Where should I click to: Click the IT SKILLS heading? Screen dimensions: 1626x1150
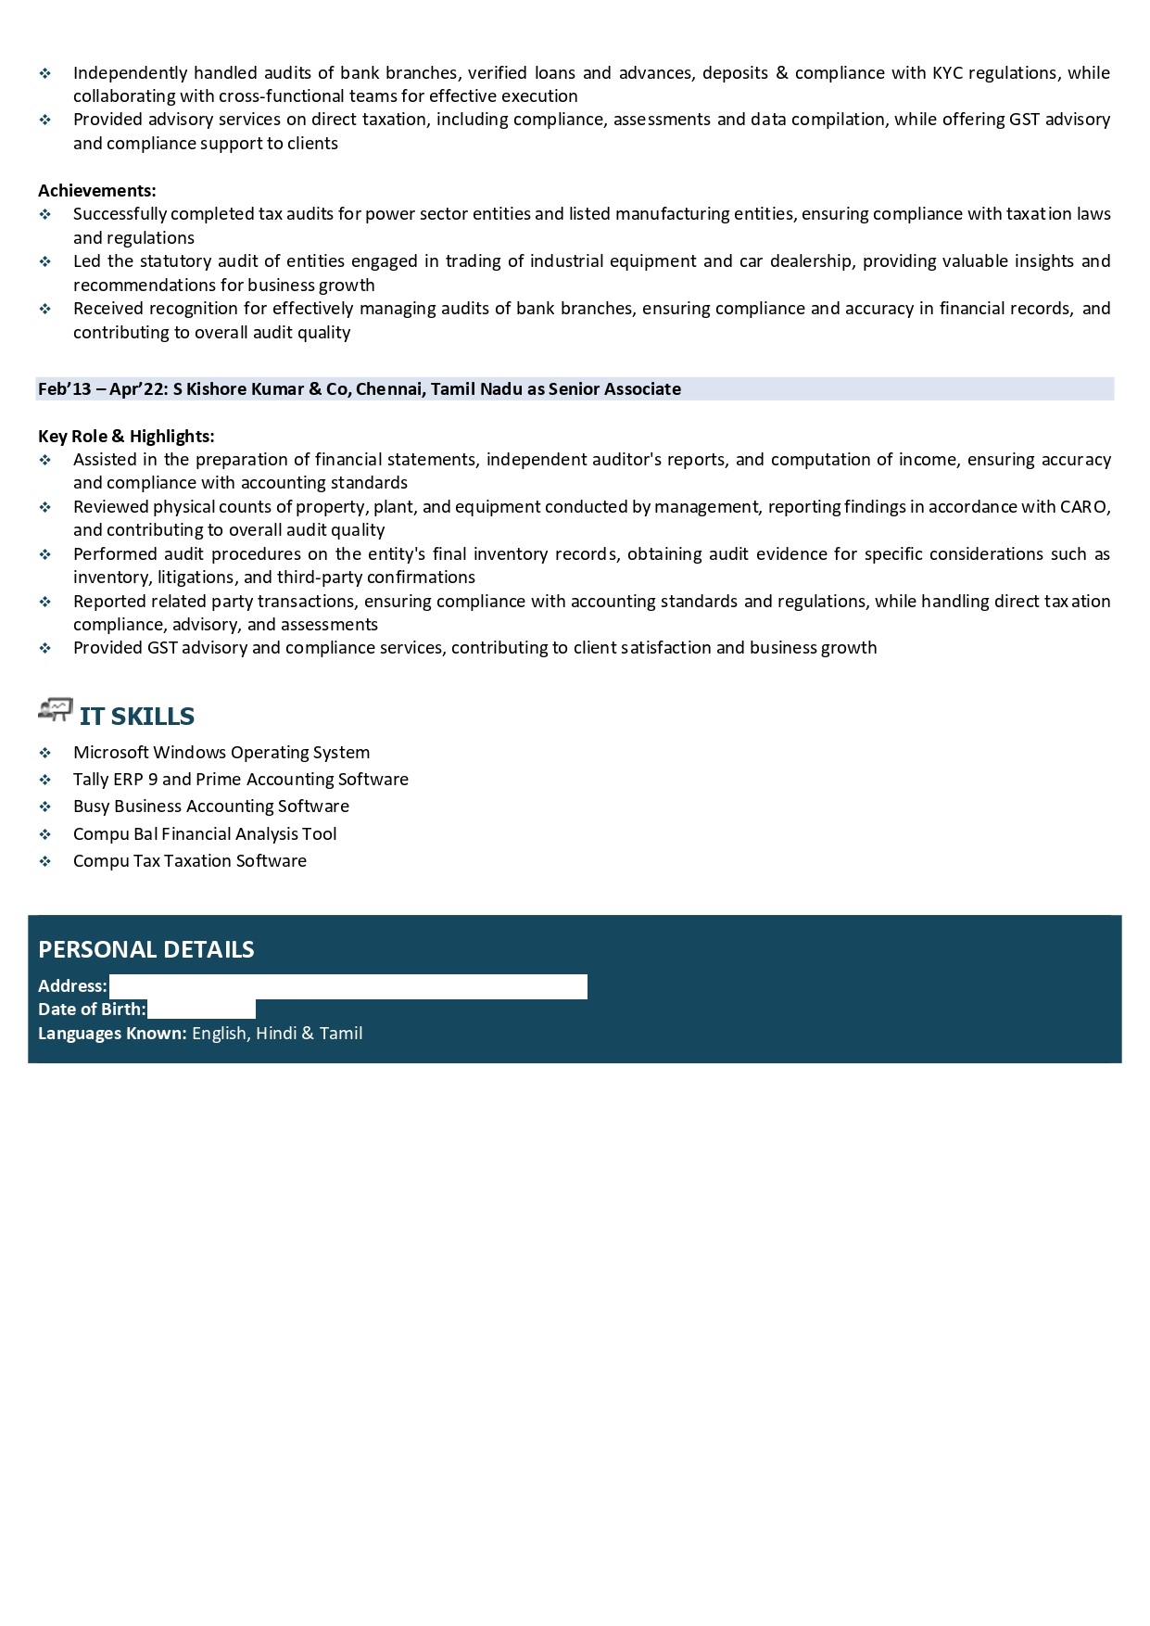[137, 716]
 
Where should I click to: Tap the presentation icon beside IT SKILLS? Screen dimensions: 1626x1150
[56, 710]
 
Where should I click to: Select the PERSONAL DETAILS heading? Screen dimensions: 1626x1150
[145, 949]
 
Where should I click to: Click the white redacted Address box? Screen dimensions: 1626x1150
[348, 986]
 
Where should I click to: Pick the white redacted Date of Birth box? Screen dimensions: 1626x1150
[201, 1010]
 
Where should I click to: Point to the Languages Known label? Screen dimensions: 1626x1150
[112, 1034]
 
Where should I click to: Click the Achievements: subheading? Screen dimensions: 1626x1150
[96, 191]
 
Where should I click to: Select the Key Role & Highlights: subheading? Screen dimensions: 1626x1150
[126, 437]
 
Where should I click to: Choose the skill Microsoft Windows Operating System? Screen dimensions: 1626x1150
[221, 753]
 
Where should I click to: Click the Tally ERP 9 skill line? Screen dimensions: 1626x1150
[241, 780]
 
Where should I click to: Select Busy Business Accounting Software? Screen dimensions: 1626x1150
[211, 807]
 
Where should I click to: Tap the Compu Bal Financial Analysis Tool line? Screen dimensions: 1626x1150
[205, 834]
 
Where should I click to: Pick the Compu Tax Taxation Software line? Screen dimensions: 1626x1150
[190, 861]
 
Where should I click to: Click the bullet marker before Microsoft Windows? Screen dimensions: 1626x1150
[45, 753]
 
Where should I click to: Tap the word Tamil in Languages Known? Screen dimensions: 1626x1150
[341, 1034]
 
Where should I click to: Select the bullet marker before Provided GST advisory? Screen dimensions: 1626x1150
[45, 648]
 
